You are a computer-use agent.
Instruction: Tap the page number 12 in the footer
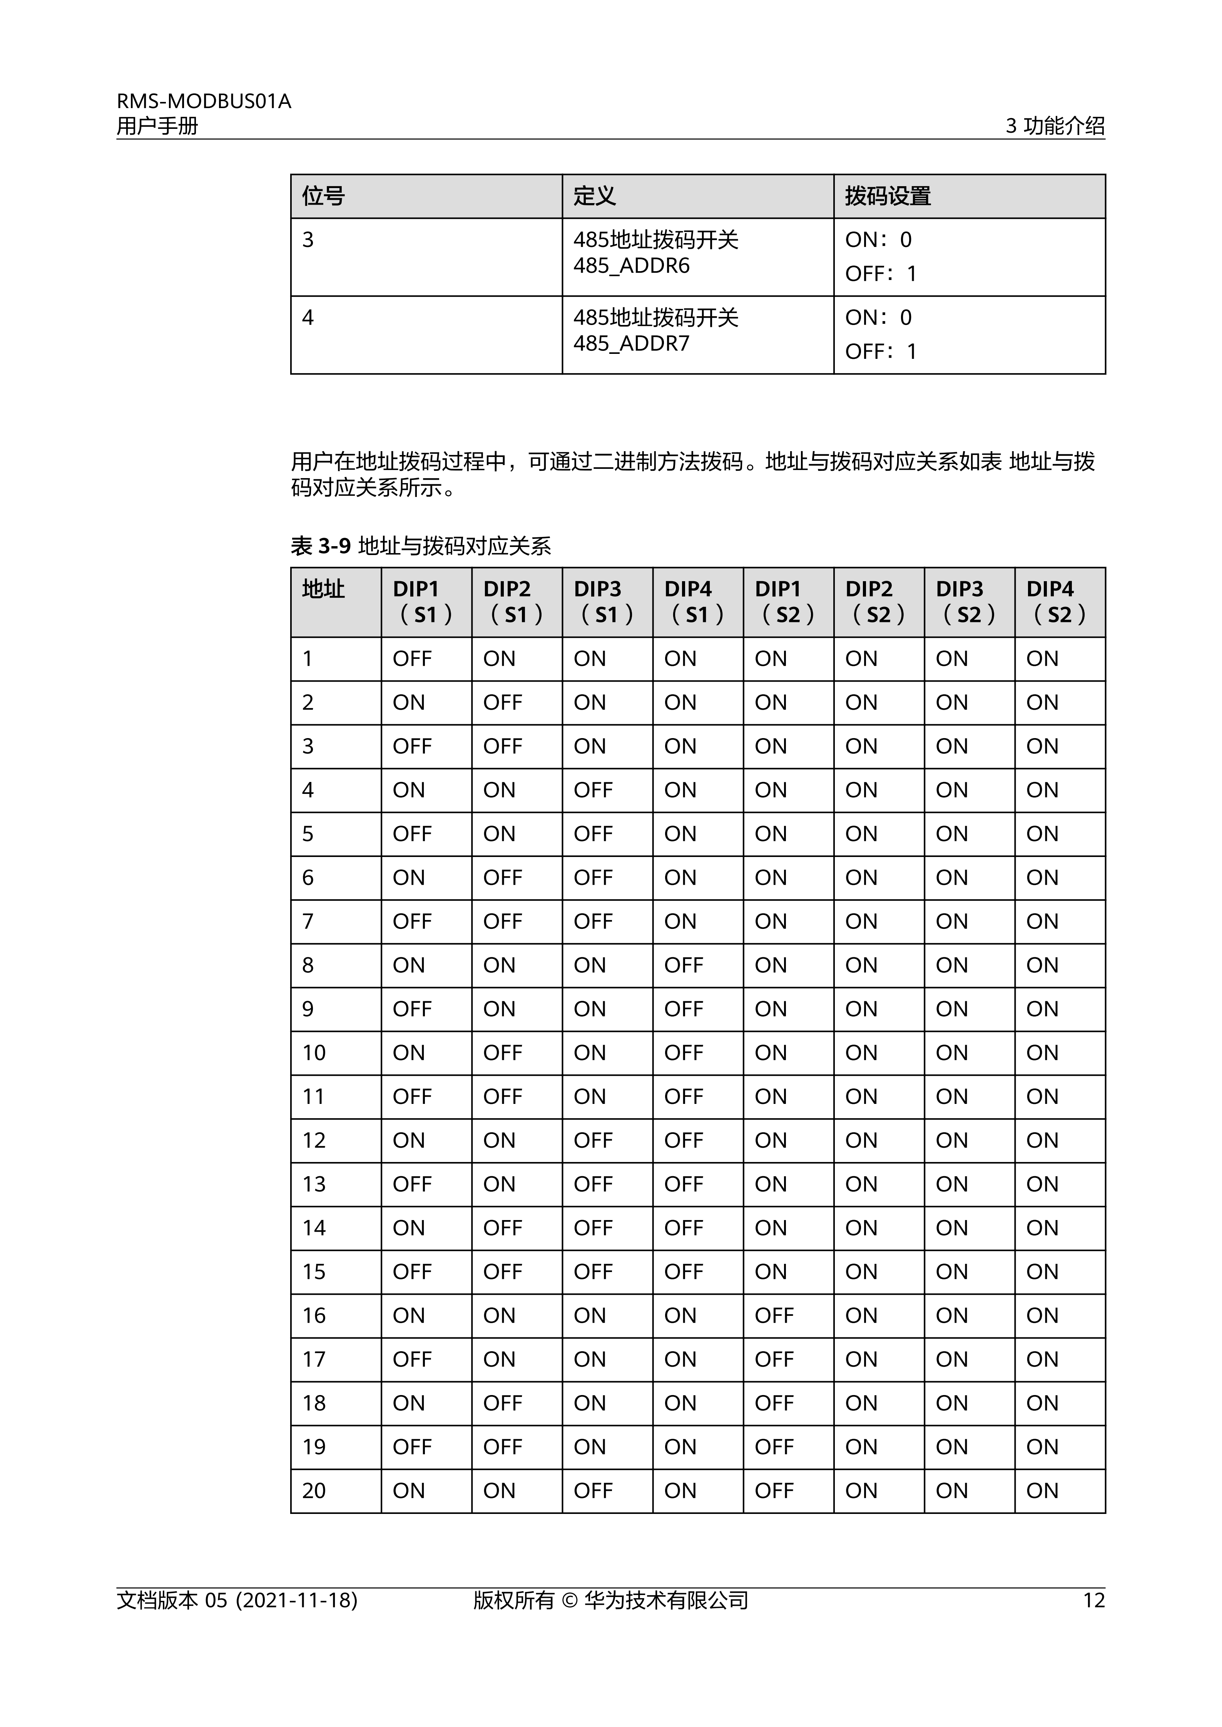1093,1600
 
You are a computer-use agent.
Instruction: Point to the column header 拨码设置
888,196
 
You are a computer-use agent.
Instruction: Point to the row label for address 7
308,922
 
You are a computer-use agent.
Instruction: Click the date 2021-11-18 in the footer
296,1600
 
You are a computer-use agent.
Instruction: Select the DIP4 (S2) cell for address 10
1042,1053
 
